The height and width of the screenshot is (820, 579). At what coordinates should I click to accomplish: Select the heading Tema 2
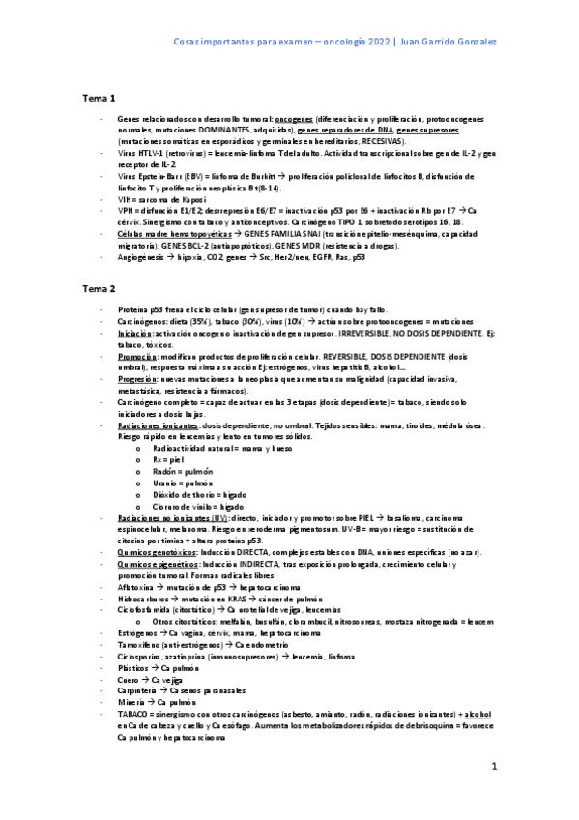click(98, 289)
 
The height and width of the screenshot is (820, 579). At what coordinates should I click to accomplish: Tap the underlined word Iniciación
click(133, 333)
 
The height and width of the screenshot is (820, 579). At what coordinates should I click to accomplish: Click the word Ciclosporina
click(141, 657)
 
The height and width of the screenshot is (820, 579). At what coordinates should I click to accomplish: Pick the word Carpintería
click(139, 690)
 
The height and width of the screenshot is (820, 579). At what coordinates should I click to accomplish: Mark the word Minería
click(131, 702)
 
